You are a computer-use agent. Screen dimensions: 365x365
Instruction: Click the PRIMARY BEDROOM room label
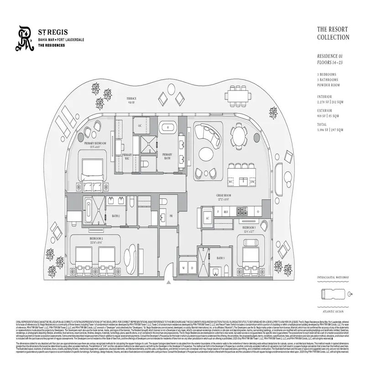pos(95,144)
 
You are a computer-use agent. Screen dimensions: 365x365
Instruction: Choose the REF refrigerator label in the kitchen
pos(226,212)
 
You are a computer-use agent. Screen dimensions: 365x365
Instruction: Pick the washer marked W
pos(184,268)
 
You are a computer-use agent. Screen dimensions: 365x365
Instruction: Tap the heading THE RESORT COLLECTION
pos(333,33)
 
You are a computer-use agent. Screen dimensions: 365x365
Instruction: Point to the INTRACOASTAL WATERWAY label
pos(333,277)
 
